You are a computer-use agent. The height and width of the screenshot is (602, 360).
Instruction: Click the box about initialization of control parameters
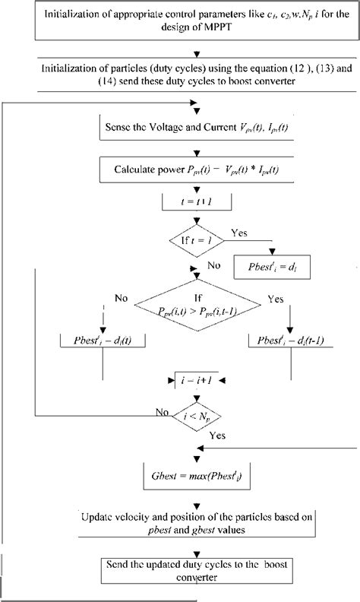(179, 22)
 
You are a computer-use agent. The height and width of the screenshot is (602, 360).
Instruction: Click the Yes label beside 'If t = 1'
(239, 233)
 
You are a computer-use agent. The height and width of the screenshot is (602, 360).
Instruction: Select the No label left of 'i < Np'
(161, 413)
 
